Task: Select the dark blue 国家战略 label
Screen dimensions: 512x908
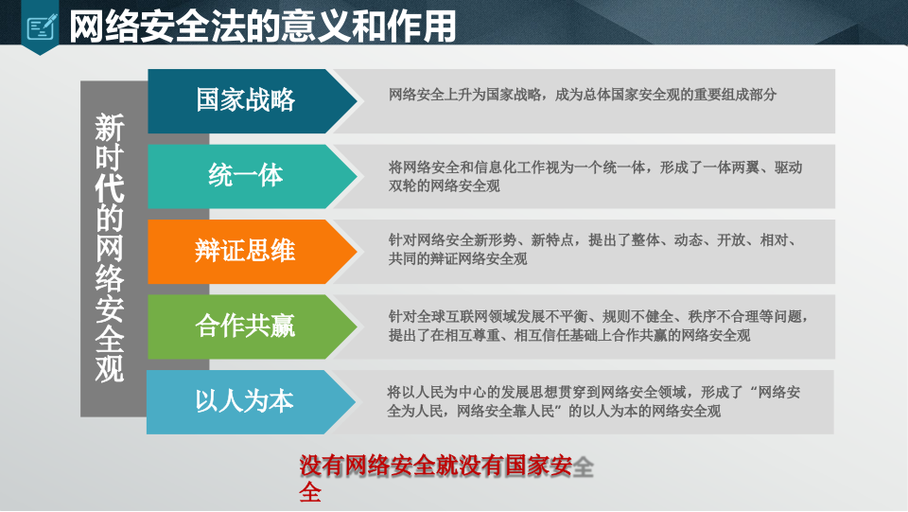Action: pyautogui.click(x=245, y=99)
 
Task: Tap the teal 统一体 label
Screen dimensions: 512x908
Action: pyautogui.click(x=245, y=175)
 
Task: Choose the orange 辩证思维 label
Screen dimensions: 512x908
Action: pyautogui.click(x=245, y=251)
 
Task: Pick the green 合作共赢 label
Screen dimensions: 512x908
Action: pyautogui.click(x=245, y=327)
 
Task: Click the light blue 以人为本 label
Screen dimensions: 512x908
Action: pyautogui.click(x=245, y=401)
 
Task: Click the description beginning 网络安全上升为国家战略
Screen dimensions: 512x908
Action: pyautogui.click(x=583, y=95)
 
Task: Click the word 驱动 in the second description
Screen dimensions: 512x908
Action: pyautogui.click(x=789, y=168)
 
